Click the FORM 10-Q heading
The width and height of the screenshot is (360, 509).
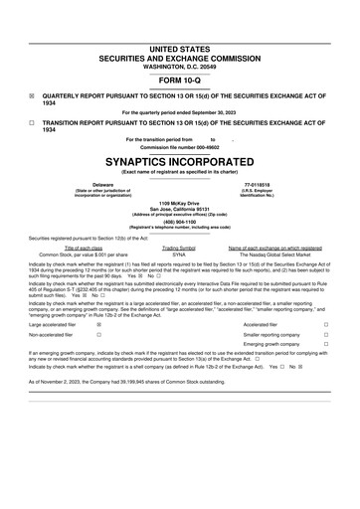179,79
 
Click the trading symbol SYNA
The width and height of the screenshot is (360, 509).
179,254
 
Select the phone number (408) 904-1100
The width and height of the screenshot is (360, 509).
179,222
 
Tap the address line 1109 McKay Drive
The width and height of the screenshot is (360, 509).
179,203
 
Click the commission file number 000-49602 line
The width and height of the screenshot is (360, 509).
179,148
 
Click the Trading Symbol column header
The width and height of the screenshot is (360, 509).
179,248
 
